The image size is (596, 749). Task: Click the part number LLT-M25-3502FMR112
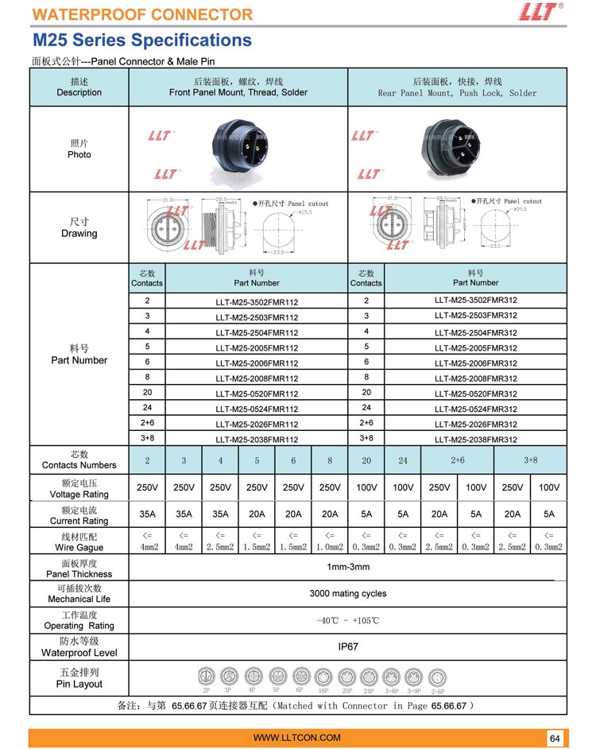(257, 302)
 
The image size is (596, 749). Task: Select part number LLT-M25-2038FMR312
(475, 440)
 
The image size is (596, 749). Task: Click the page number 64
(555, 739)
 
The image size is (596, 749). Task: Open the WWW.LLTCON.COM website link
(297, 738)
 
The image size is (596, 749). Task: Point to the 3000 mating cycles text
(348, 593)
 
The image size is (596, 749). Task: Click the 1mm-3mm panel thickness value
(347, 567)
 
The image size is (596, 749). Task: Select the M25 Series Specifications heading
(142, 41)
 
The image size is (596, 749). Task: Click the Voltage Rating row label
(79, 488)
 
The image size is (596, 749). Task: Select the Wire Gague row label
(79, 541)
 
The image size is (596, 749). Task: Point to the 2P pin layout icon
(207, 677)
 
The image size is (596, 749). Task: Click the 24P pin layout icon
(370, 678)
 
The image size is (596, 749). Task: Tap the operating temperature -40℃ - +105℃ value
(347, 620)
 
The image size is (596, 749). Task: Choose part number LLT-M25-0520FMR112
(257, 394)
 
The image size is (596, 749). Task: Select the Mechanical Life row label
(79, 593)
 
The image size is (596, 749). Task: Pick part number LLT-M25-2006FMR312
(475, 363)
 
